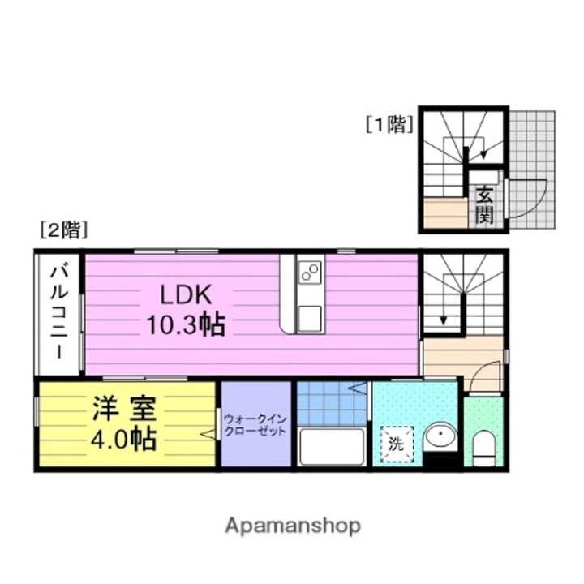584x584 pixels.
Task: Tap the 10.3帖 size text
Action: click(x=186, y=324)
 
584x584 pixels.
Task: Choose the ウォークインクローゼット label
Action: click(x=255, y=425)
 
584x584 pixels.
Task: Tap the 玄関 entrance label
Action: click(x=484, y=204)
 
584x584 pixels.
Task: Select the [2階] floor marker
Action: click(x=63, y=230)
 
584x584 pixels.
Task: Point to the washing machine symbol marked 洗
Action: click(x=396, y=444)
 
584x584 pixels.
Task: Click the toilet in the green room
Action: click(x=484, y=447)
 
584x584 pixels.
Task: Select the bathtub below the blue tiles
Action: click(x=332, y=447)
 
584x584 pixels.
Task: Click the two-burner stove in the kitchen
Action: click(x=310, y=274)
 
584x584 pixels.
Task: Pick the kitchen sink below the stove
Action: click(x=310, y=318)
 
